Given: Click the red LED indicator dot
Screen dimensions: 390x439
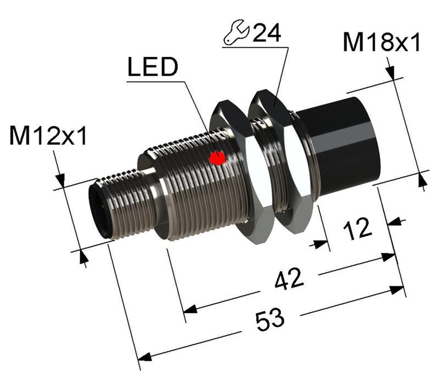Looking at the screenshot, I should pyautogui.click(x=218, y=158).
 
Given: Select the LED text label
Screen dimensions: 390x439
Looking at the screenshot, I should pyautogui.click(x=153, y=68).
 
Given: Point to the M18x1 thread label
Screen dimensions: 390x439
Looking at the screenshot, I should pyautogui.click(x=382, y=43).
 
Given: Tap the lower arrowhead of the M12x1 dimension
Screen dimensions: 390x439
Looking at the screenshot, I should pyautogui.click(x=83, y=257).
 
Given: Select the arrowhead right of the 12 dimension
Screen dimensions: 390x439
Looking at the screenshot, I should pyautogui.click(x=393, y=222).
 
